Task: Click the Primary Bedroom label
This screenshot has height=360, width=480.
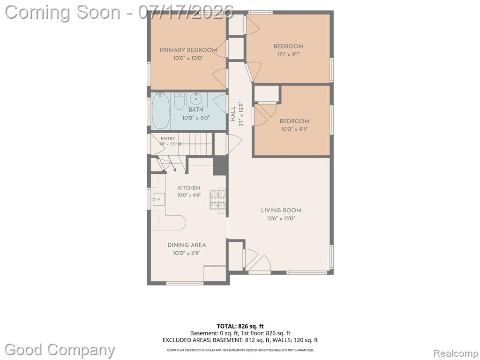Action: [188, 50]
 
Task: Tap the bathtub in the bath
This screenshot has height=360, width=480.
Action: [160, 111]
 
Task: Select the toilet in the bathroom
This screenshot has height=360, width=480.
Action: [179, 101]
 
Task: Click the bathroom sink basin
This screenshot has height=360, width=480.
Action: [195, 99]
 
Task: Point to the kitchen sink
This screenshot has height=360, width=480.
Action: [158, 199]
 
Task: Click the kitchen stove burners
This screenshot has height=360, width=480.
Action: [217, 200]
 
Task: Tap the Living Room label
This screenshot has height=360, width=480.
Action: [281, 210]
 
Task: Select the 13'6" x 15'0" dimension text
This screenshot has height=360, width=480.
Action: [281, 218]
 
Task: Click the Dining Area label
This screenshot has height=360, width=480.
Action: [187, 245]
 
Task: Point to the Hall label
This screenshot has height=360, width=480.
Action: [233, 113]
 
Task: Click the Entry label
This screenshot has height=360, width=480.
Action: [168, 139]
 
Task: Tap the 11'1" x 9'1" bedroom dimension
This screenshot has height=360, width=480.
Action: [288, 54]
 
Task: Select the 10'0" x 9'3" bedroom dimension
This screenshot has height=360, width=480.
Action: [294, 129]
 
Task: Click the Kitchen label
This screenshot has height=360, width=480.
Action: [189, 187]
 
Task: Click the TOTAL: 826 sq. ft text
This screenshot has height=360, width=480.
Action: [240, 326]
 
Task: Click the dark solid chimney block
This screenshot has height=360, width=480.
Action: [220, 165]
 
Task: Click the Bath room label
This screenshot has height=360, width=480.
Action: [196, 110]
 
